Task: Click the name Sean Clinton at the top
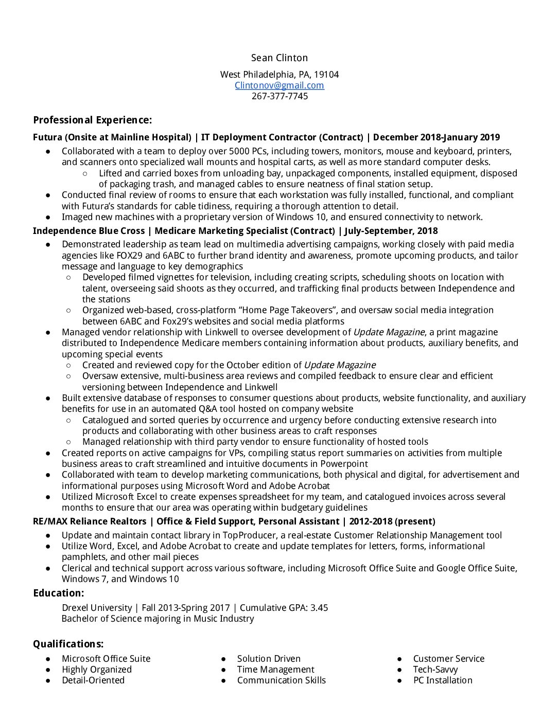(x=279, y=58)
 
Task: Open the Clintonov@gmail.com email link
(x=279, y=85)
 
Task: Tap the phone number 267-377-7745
(x=279, y=96)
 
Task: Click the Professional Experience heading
(x=92, y=120)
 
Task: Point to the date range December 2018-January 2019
(x=436, y=137)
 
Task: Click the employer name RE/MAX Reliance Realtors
(x=90, y=521)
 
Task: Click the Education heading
(x=58, y=593)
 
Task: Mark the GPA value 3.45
(x=319, y=608)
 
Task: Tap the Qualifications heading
(x=68, y=644)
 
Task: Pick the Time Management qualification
(x=275, y=669)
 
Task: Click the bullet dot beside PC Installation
(x=399, y=680)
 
